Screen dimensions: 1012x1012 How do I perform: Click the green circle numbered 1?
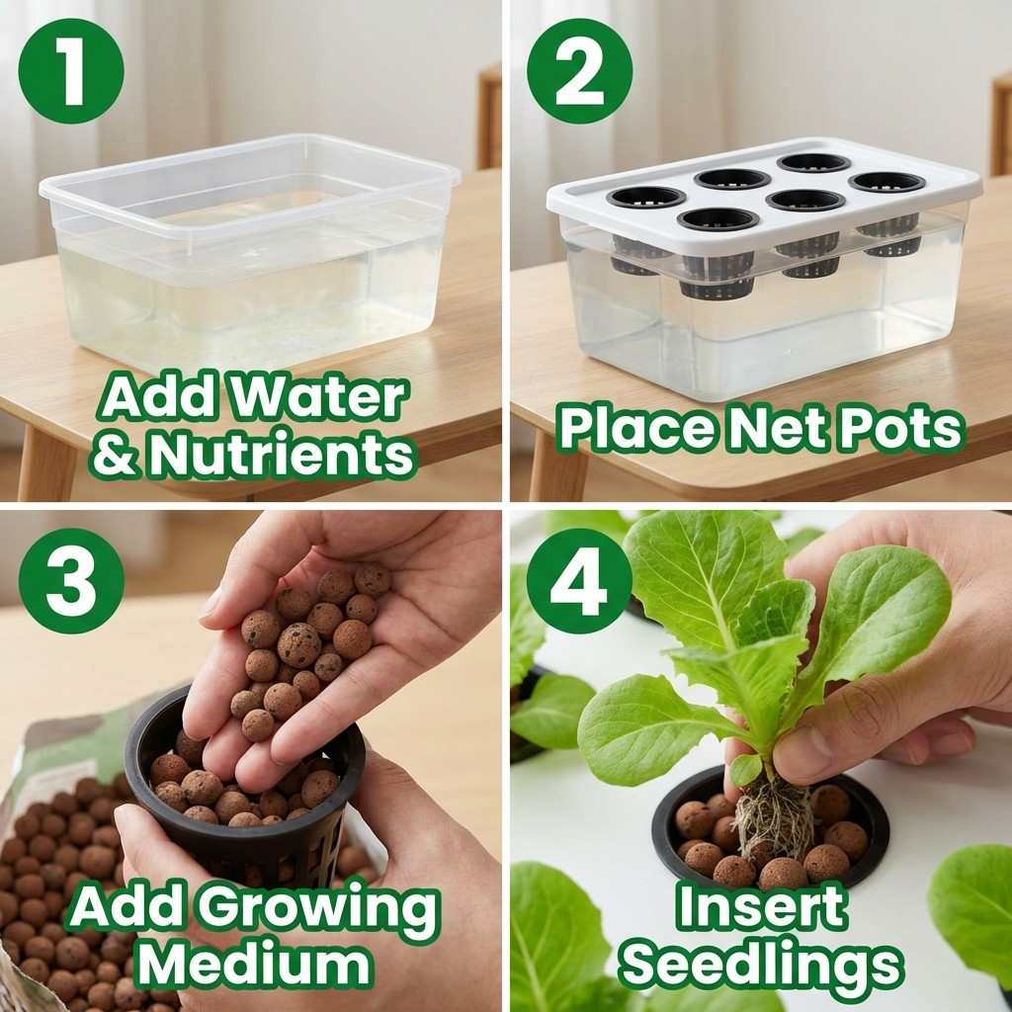(71, 71)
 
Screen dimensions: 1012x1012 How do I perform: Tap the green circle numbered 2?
(579, 71)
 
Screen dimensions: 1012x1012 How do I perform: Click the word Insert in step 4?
(761, 907)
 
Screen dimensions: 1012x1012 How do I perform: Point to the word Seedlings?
(761, 963)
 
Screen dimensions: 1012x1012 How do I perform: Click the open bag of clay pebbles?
(59, 889)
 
